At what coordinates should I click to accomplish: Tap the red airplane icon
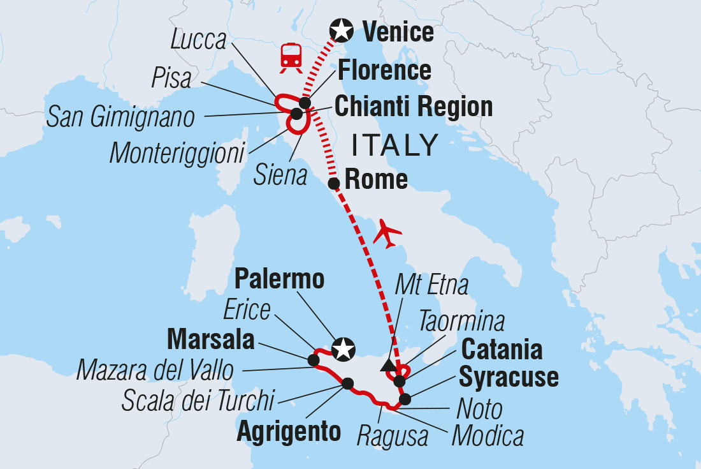click(x=388, y=233)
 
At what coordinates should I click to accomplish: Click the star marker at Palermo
click(x=343, y=349)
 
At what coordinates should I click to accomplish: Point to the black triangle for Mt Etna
click(x=387, y=365)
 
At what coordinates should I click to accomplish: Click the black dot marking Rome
click(x=333, y=184)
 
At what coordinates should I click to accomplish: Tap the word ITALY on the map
click(x=395, y=145)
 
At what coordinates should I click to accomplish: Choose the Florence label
click(x=384, y=70)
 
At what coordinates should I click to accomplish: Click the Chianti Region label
click(x=414, y=107)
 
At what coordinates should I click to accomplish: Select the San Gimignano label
click(x=120, y=117)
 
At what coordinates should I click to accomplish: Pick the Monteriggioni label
click(x=177, y=153)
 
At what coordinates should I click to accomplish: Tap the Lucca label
click(x=199, y=41)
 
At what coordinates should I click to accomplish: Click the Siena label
click(x=280, y=175)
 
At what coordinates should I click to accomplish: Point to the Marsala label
click(x=210, y=341)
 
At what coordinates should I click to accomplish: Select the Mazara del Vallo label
click(x=155, y=370)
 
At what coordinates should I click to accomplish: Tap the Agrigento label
click(x=289, y=432)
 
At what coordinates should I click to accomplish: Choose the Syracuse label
click(x=509, y=377)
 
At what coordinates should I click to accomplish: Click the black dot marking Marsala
click(x=314, y=361)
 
